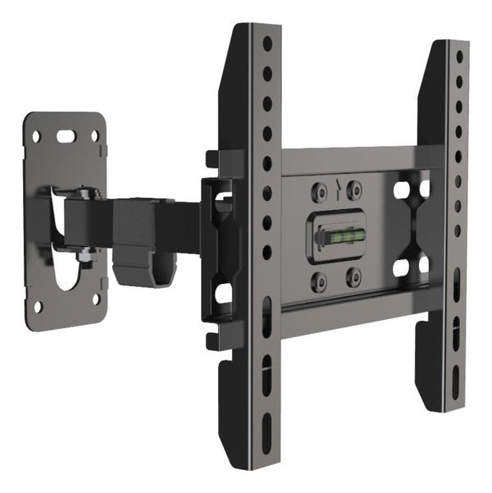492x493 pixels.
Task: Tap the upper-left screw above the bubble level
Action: point(319,192)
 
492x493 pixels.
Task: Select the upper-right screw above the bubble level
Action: point(354,190)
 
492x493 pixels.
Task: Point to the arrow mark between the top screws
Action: point(336,188)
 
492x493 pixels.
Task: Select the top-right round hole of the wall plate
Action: point(95,137)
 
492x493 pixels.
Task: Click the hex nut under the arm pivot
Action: point(84,262)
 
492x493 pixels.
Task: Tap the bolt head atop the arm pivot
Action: point(84,194)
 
